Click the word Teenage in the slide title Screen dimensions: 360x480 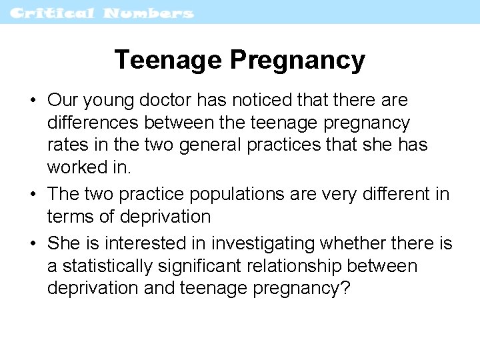coord(168,60)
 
